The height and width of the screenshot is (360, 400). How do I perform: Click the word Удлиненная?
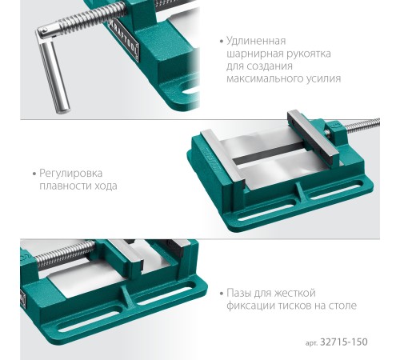256,42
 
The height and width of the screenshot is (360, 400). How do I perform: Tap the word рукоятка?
309,54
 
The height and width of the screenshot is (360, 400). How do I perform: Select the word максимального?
263,78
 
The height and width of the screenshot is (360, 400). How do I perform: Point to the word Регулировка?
70,174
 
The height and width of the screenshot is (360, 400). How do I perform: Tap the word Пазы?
238,293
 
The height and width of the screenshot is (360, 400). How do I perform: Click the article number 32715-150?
344,342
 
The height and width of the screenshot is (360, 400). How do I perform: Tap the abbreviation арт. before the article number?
311,343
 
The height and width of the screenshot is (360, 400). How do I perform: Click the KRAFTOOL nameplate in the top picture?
125,39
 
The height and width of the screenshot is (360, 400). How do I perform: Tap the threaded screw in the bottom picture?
65,253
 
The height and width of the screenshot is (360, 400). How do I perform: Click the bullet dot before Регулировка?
34,174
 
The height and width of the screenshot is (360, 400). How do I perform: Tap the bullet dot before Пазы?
221,294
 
